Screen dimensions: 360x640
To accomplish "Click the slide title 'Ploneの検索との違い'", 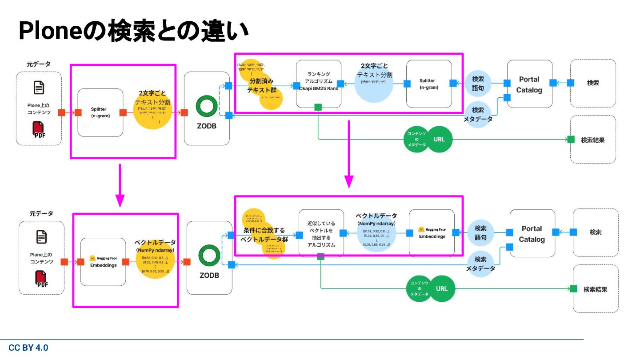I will pyautogui.click(x=133, y=31).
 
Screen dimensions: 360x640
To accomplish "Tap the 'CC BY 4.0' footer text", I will pyautogui.click(x=28, y=348).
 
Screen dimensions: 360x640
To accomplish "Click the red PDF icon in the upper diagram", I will pyautogui.click(x=39, y=129).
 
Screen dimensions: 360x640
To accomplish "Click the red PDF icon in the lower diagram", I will pyautogui.click(x=41, y=279).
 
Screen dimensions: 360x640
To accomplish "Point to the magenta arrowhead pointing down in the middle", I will pyautogui.click(x=349, y=181).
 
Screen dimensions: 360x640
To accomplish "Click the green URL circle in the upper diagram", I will pyautogui.click(x=439, y=139).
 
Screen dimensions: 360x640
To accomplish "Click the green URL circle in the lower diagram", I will pyautogui.click(x=442, y=288).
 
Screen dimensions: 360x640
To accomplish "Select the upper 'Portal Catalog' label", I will pyautogui.click(x=529, y=84).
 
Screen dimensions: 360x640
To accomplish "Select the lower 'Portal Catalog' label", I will pyautogui.click(x=532, y=234).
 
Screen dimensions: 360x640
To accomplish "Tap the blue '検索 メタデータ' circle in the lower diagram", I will pyautogui.click(x=480, y=264).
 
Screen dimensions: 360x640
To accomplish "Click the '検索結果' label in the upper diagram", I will pyautogui.click(x=593, y=140).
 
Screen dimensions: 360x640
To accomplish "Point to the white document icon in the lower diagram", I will pyautogui.click(x=41, y=237).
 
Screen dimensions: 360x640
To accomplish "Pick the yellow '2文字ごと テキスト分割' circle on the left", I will pyautogui.click(x=152, y=107).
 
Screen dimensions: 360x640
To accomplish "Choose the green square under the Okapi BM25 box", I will pyautogui.click(x=318, y=107).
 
